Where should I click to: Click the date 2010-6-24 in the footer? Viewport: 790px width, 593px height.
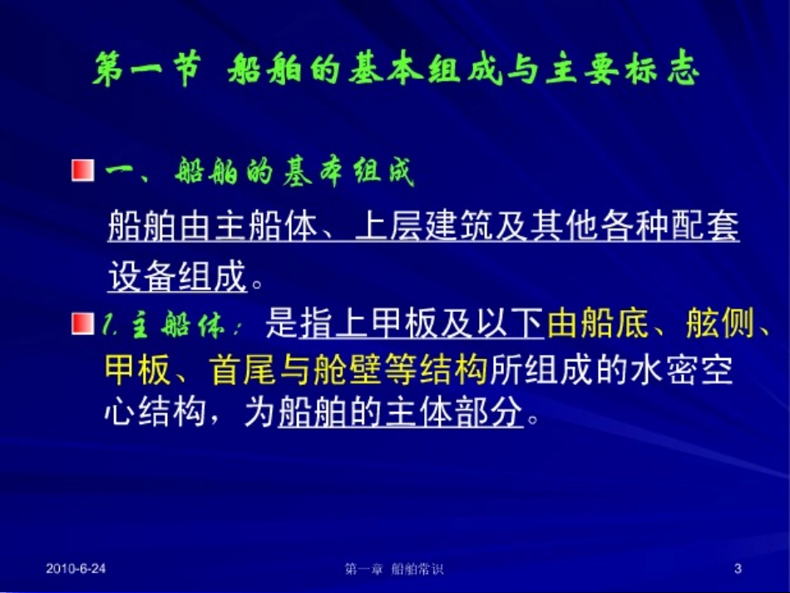[76, 569]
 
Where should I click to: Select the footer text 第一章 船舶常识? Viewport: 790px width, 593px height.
[394, 570]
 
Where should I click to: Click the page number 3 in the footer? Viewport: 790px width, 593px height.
[738, 569]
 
